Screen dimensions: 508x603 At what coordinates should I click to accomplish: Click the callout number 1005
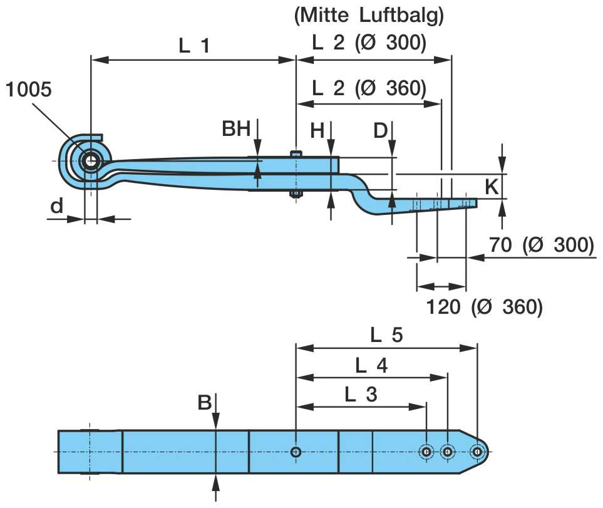point(29,89)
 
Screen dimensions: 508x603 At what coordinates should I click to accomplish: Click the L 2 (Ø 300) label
point(369,43)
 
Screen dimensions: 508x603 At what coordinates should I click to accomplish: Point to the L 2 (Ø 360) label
point(369,88)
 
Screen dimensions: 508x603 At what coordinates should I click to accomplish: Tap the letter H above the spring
point(317,130)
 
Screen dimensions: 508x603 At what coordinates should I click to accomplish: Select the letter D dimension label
point(380,131)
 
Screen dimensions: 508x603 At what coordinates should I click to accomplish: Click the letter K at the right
point(493,185)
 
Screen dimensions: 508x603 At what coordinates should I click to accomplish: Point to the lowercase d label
point(57,205)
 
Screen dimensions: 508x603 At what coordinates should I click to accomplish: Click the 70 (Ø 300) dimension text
point(541,245)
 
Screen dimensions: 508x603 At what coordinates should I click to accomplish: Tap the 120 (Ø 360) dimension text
point(483,307)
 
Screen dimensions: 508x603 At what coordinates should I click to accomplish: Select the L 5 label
point(386,335)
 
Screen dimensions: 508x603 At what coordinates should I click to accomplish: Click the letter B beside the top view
point(205,403)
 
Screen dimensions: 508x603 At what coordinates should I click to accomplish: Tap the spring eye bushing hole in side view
point(91,161)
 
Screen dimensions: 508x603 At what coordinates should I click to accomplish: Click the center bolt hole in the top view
point(296,452)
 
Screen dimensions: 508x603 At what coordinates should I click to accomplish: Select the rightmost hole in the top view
point(478,452)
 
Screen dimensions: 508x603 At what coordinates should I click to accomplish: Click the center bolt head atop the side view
point(296,153)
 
